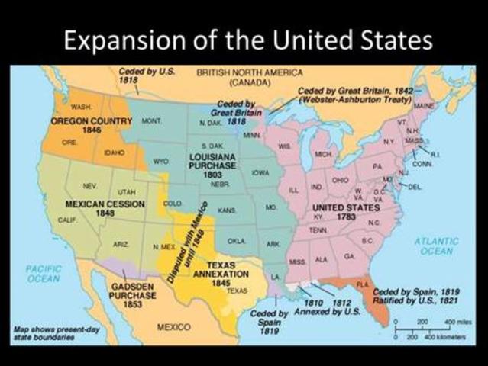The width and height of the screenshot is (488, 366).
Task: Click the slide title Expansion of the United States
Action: (244, 39)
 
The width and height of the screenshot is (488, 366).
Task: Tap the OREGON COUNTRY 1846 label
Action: (82, 126)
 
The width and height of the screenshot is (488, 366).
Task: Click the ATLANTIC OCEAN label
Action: (435, 246)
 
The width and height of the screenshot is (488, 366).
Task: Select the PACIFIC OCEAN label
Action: (44, 274)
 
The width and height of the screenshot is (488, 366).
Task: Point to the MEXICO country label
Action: (173, 326)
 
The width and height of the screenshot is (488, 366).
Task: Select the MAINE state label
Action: (423, 104)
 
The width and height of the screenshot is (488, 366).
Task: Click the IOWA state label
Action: (261, 172)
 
